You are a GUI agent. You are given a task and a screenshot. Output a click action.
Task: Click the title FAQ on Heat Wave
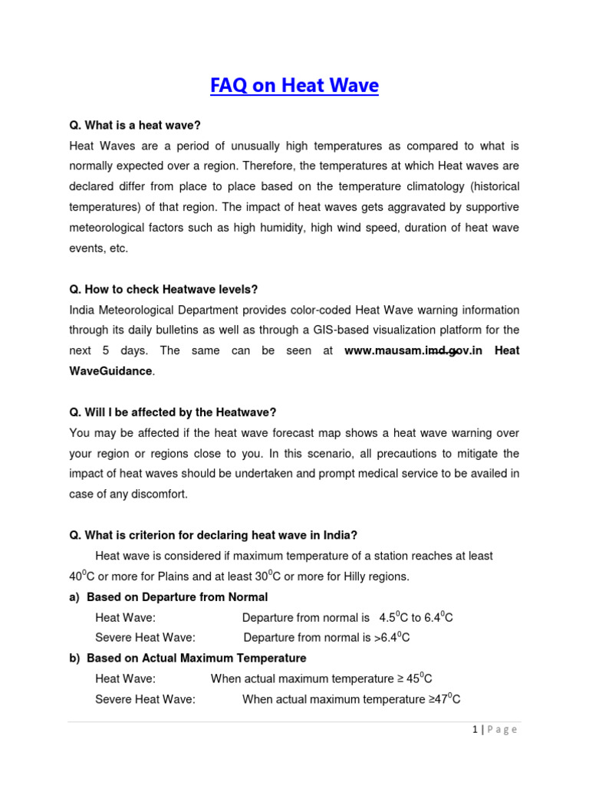pyautogui.click(x=294, y=86)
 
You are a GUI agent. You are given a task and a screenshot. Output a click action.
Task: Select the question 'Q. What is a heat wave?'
pyautogui.click(x=134, y=125)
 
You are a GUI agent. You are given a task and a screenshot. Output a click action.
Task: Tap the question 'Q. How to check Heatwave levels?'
pyautogui.click(x=163, y=289)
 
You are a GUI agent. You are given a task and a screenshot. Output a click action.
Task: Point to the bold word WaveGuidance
pyautogui.click(x=111, y=371)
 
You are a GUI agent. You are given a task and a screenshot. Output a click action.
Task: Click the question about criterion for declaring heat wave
pyautogui.click(x=213, y=535)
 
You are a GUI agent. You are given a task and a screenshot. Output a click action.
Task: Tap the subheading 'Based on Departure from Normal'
pyautogui.click(x=177, y=596)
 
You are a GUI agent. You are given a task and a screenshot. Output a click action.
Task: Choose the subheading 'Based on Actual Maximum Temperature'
pyautogui.click(x=196, y=658)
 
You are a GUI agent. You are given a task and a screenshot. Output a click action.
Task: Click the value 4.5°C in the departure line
pyautogui.click(x=393, y=617)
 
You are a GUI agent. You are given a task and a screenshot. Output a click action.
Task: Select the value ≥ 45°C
pyautogui.click(x=418, y=678)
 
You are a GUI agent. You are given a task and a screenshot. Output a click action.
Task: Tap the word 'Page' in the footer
pyautogui.click(x=502, y=730)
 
